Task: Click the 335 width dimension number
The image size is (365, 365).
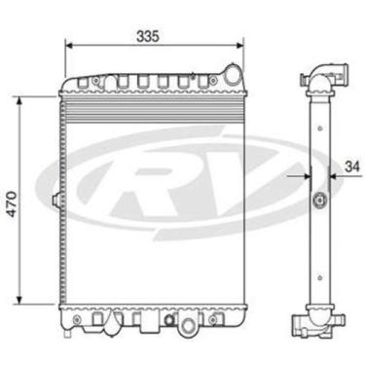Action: coord(148,35)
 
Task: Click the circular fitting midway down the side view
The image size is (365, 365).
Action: coord(318,201)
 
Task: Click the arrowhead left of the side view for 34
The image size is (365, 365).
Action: coord(305,176)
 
